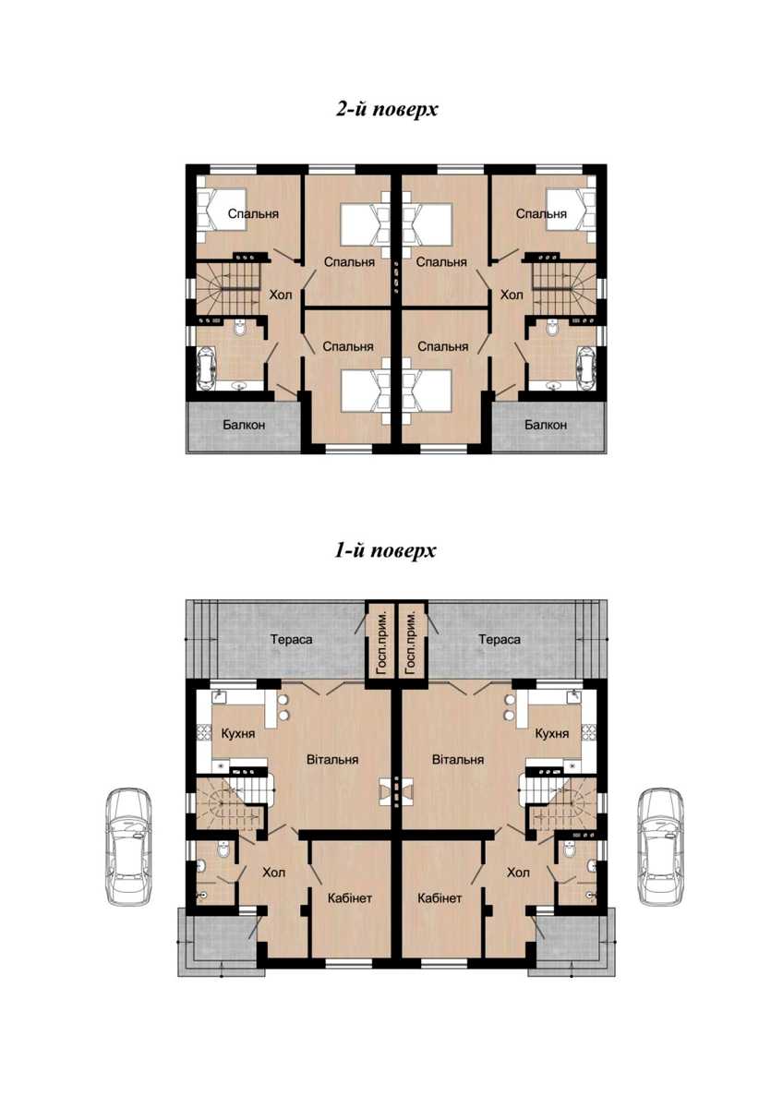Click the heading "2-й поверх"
(x=387, y=109)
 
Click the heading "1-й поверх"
(x=385, y=550)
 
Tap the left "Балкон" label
(x=244, y=425)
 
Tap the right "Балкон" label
(x=546, y=425)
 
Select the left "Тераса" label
(x=292, y=640)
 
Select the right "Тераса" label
(x=500, y=640)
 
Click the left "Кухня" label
(x=238, y=733)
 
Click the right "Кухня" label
(x=552, y=733)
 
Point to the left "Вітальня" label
(x=332, y=759)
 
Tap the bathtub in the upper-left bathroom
(x=205, y=368)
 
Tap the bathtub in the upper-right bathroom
(x=586, y=368)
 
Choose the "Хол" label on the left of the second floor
(x=281, y=295)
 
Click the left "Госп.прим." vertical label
(x=381, y=643)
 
